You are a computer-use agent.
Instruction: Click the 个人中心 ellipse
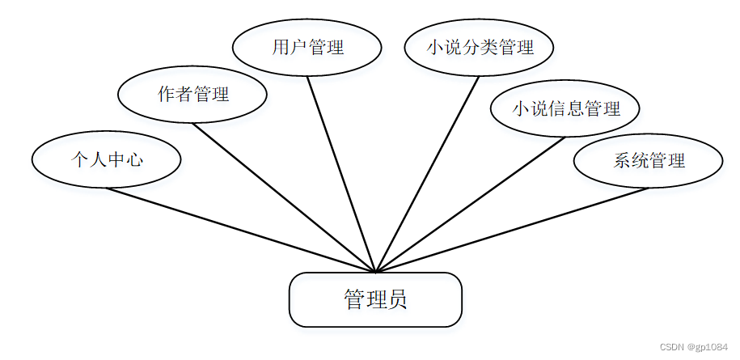[106, 159]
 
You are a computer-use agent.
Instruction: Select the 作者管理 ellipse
[192, 95]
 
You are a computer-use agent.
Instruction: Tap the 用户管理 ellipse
[307, 47]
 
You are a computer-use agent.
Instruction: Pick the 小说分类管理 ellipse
[480, 47]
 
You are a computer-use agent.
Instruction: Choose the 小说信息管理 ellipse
[565, 108]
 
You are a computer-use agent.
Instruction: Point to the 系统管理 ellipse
[648, 160]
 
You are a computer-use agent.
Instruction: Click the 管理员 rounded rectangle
[375, 300]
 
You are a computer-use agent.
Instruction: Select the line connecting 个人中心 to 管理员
[240, 230]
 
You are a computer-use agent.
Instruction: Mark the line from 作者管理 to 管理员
[284, 197]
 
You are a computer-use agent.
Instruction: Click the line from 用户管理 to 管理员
[340, 174]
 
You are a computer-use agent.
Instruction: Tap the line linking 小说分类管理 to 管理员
[428, 174]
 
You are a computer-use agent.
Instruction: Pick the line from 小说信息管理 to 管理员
[470, 205]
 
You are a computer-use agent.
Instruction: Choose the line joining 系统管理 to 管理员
[512, 231]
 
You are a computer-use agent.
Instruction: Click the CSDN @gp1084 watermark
[693, 347]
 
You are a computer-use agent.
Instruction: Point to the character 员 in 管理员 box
[397, 300]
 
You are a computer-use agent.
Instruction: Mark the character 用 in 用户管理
[280, 47]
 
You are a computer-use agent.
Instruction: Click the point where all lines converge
[375, 272]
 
